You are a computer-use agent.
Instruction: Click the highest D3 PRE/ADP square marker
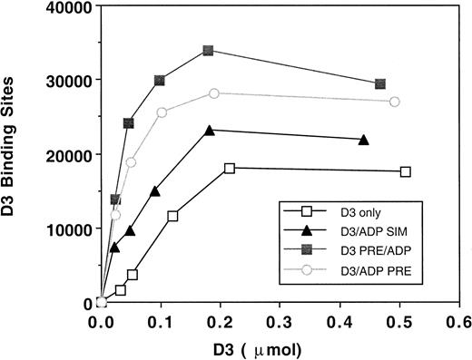pyautogui.click(x=209, y=51)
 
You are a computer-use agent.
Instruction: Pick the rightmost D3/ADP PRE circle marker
pyautogui.click(x=394, y=102)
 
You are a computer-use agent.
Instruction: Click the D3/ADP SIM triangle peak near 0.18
pyautogui.click(x=210, y=131)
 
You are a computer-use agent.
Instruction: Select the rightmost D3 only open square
pyautogui.click(x=405, y=171)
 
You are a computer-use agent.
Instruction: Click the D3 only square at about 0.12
pyautogui.click(x=172, y=216)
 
